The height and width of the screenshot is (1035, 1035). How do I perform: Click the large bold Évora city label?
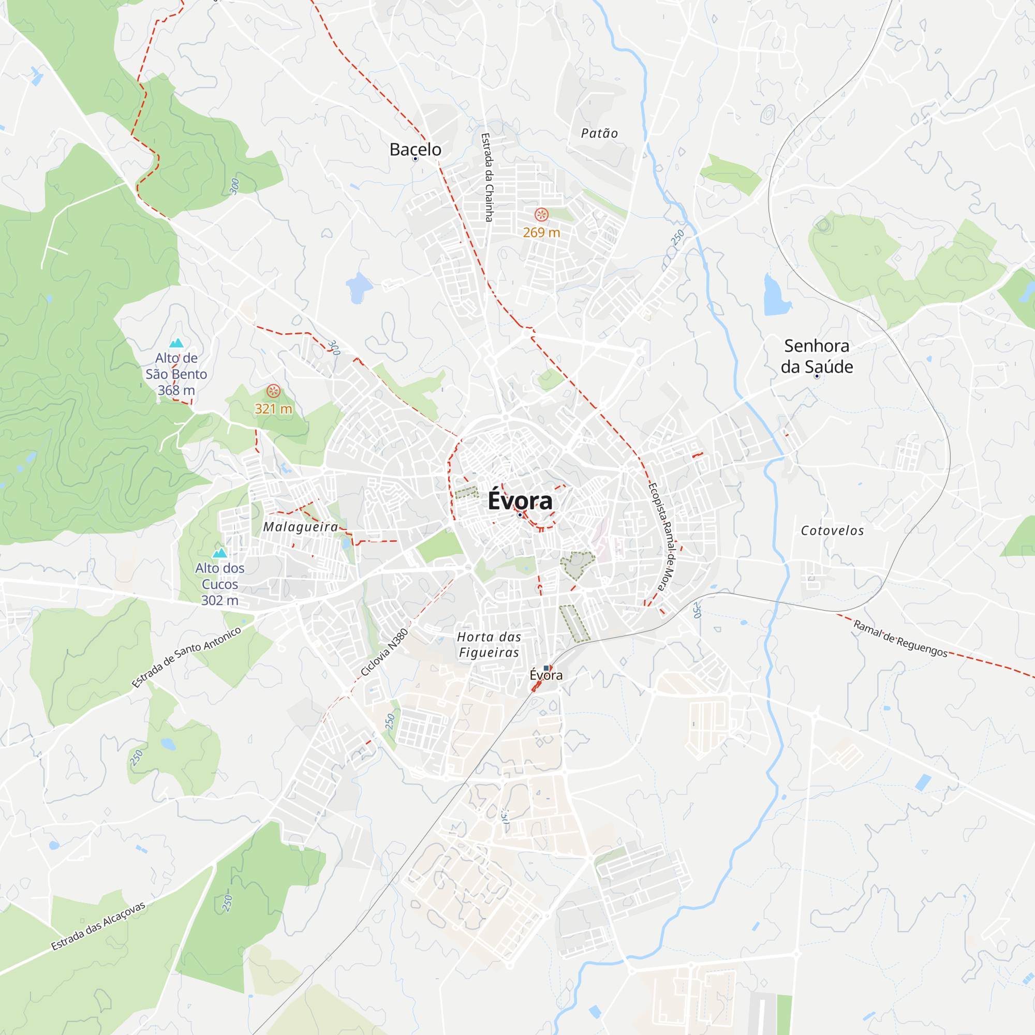pos(520,500)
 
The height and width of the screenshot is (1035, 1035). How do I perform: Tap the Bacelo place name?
pos(415,150)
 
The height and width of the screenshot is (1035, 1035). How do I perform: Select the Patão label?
pos(599,134)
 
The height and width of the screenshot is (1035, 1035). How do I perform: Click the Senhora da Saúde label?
pos(817,356)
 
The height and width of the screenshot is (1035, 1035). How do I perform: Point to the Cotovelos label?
pos(832,530)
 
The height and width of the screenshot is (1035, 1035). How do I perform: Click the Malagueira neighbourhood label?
pos(301,527)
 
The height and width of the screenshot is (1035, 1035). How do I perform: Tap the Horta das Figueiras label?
pos(489,644)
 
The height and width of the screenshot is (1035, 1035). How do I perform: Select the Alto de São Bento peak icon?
pos(176,343)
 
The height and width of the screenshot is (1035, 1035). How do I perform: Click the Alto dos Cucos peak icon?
pos(219,553)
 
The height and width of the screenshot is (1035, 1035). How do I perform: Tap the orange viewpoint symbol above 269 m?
pos(542,215)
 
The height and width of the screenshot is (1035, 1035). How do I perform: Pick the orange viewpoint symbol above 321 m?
pos(273,391)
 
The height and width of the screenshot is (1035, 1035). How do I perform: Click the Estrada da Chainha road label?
pos(487,178)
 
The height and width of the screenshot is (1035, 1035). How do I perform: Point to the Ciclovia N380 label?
pos(385,652)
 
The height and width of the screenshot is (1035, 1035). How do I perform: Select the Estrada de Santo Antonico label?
pos(186,657)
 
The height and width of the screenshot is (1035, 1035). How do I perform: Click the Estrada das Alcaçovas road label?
pos(98,926)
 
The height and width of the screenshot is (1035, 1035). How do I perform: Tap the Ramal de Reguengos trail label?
pos(900,638)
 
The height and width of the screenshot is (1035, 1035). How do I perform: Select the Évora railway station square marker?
pos(546,668)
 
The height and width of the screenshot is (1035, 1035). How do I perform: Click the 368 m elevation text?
pos(176,390)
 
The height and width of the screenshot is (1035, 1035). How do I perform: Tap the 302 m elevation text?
pos(219,600)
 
